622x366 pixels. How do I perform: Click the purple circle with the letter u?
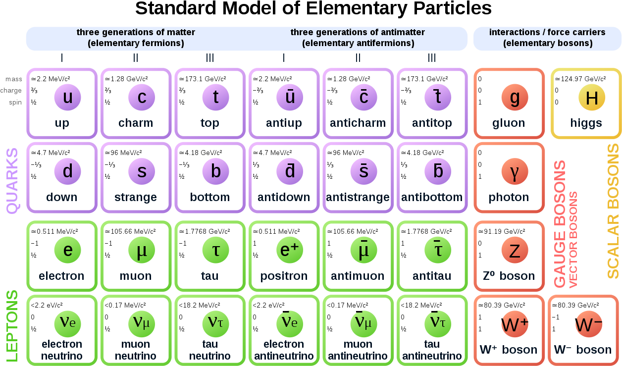tap(67, 97)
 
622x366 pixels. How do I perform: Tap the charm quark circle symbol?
tap(142, 97)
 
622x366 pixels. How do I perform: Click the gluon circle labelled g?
tap(515, 97)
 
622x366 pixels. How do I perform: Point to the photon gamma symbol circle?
tap(515, 171)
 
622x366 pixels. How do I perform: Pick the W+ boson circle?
tap(515, 324)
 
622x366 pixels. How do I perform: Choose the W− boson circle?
tap(588, 324)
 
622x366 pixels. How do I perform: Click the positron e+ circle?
tap(290, 250)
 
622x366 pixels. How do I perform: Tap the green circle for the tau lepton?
tap(215, 250)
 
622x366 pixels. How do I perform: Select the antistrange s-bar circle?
tap(363, 171)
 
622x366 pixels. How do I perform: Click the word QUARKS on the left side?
tap(11, 181)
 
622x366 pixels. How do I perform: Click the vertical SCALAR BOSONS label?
tap(613, 211)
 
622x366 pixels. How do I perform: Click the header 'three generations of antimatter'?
tap(358, 32)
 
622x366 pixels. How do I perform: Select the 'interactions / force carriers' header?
tap(547, 32)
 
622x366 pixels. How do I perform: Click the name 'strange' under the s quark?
tap(135, 197)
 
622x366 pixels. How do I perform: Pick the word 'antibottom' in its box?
tap(432, 197)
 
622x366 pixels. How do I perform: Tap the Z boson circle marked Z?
tap(515, 250)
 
